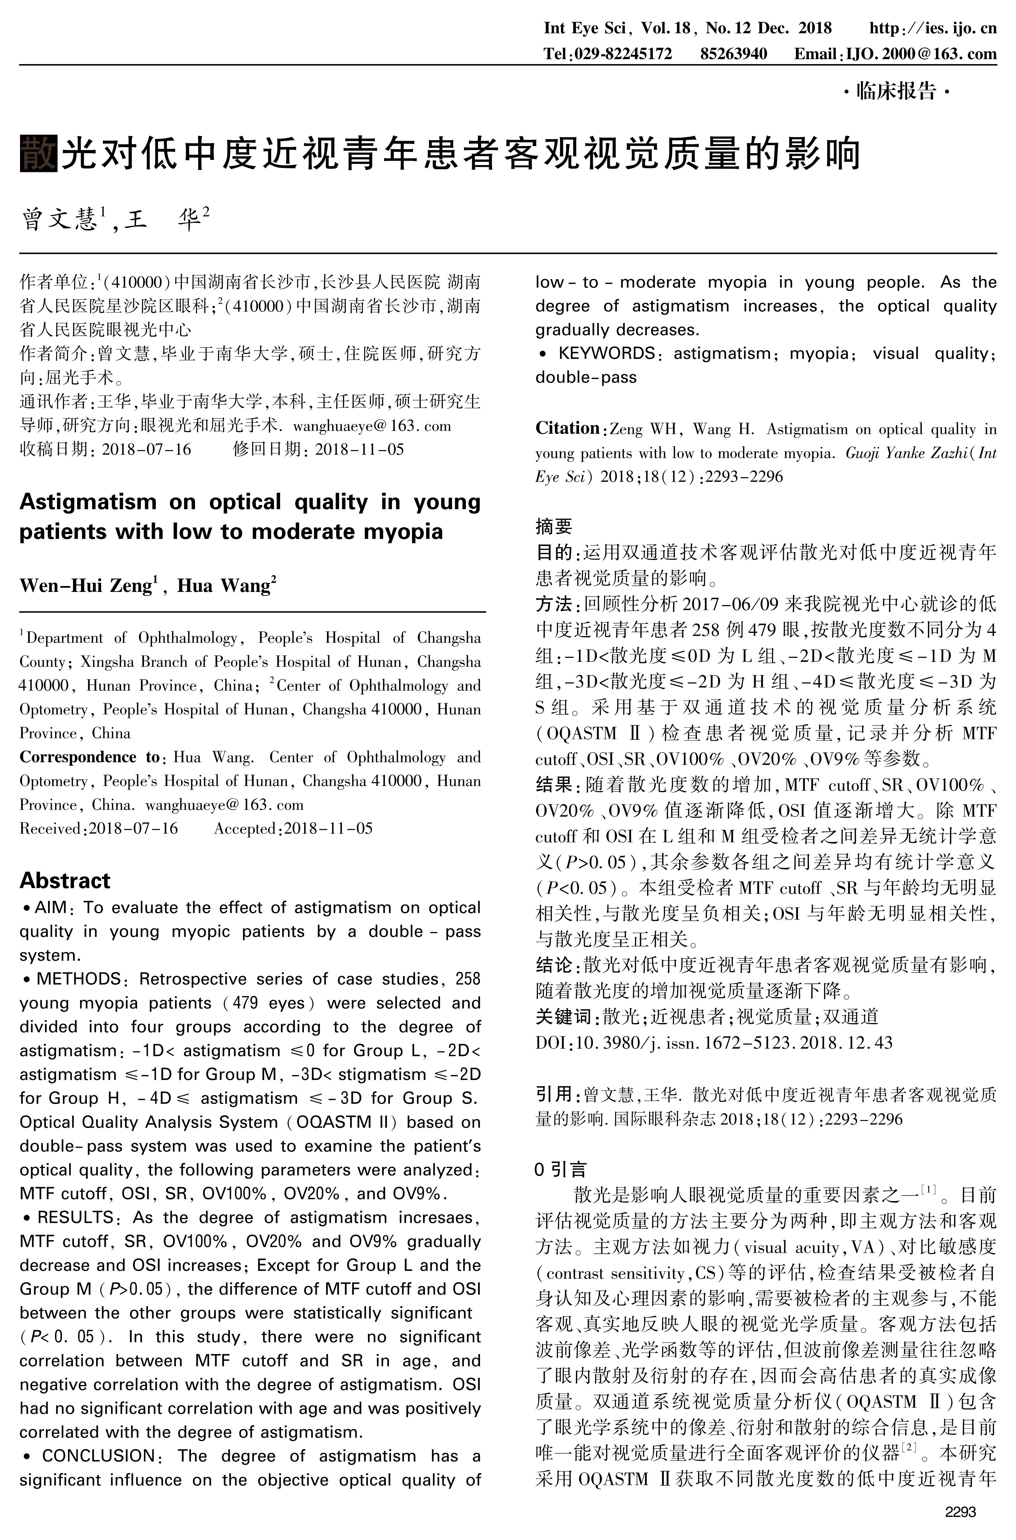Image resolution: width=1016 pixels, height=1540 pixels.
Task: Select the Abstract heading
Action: tap(65, 881)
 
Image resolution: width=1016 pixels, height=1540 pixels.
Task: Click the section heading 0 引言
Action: tap(561, 1169)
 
